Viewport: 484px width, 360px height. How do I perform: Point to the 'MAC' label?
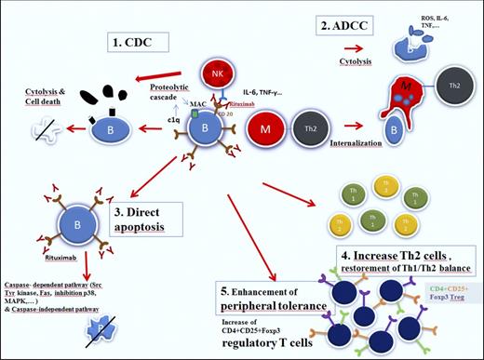(x=187, y=105)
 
